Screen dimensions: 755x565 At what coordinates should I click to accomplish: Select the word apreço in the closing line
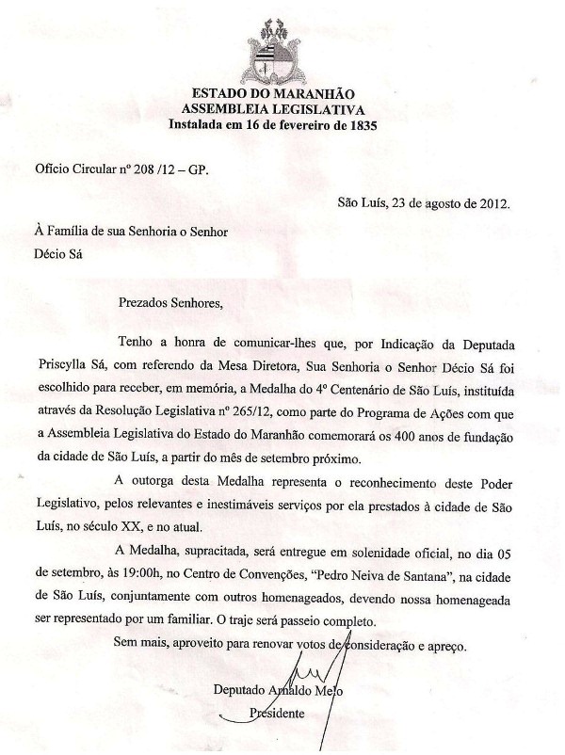coord(441,646)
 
